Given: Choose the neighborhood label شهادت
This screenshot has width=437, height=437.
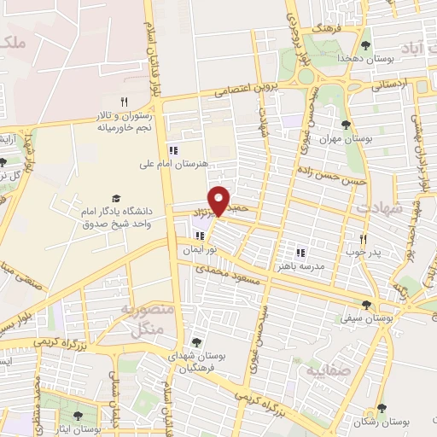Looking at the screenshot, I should point(372,207).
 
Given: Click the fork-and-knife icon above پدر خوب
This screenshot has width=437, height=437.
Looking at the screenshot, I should point(364,239).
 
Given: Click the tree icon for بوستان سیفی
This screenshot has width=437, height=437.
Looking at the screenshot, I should point(367,304).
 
